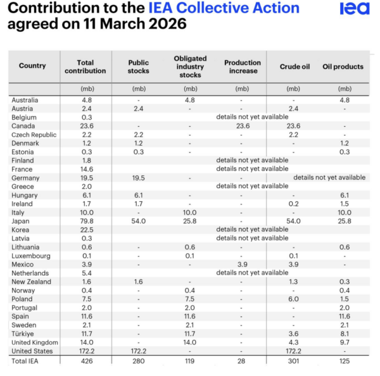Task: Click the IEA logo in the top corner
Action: [354, 9]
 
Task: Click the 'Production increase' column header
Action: [242, 66]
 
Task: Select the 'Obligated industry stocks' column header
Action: [190, 66]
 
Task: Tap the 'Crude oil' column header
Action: [294, 66]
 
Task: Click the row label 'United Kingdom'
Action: [33, 342]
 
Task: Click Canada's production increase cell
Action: [242, 126]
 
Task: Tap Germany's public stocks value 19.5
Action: [139, 178]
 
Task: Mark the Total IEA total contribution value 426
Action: [86, 361]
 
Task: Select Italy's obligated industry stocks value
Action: [190, 213]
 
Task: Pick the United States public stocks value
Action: [139, 351]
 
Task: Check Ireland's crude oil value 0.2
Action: [294, 204]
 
